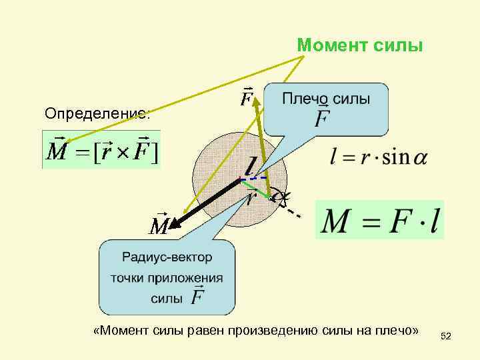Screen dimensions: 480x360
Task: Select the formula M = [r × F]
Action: click(101, 151)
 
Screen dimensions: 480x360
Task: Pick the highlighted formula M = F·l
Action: click(379, 220)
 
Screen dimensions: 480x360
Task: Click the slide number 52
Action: click(446, 337)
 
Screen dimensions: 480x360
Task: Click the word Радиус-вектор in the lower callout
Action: click(167, 257)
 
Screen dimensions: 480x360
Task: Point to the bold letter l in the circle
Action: click(251, 167)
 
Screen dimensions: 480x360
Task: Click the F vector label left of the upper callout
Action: click(247, 99)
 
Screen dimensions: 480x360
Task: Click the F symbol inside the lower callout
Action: click(198, 297)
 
